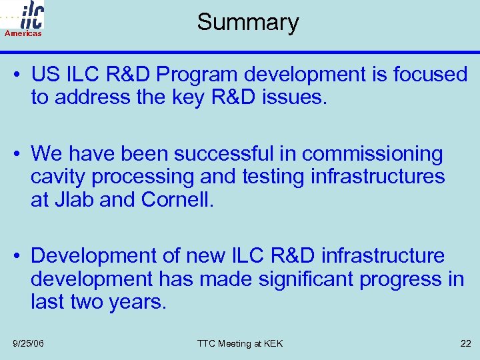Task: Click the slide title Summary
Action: (x=247, y=23)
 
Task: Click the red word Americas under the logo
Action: (x=23, y=33)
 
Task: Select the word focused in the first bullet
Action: (x=430, y=75)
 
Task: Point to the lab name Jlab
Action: (x=72, y=200)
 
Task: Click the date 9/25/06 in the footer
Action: (x=28, y=343)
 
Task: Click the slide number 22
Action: (x=465, y=343)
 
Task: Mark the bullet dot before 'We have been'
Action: (x=21, y=154)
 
